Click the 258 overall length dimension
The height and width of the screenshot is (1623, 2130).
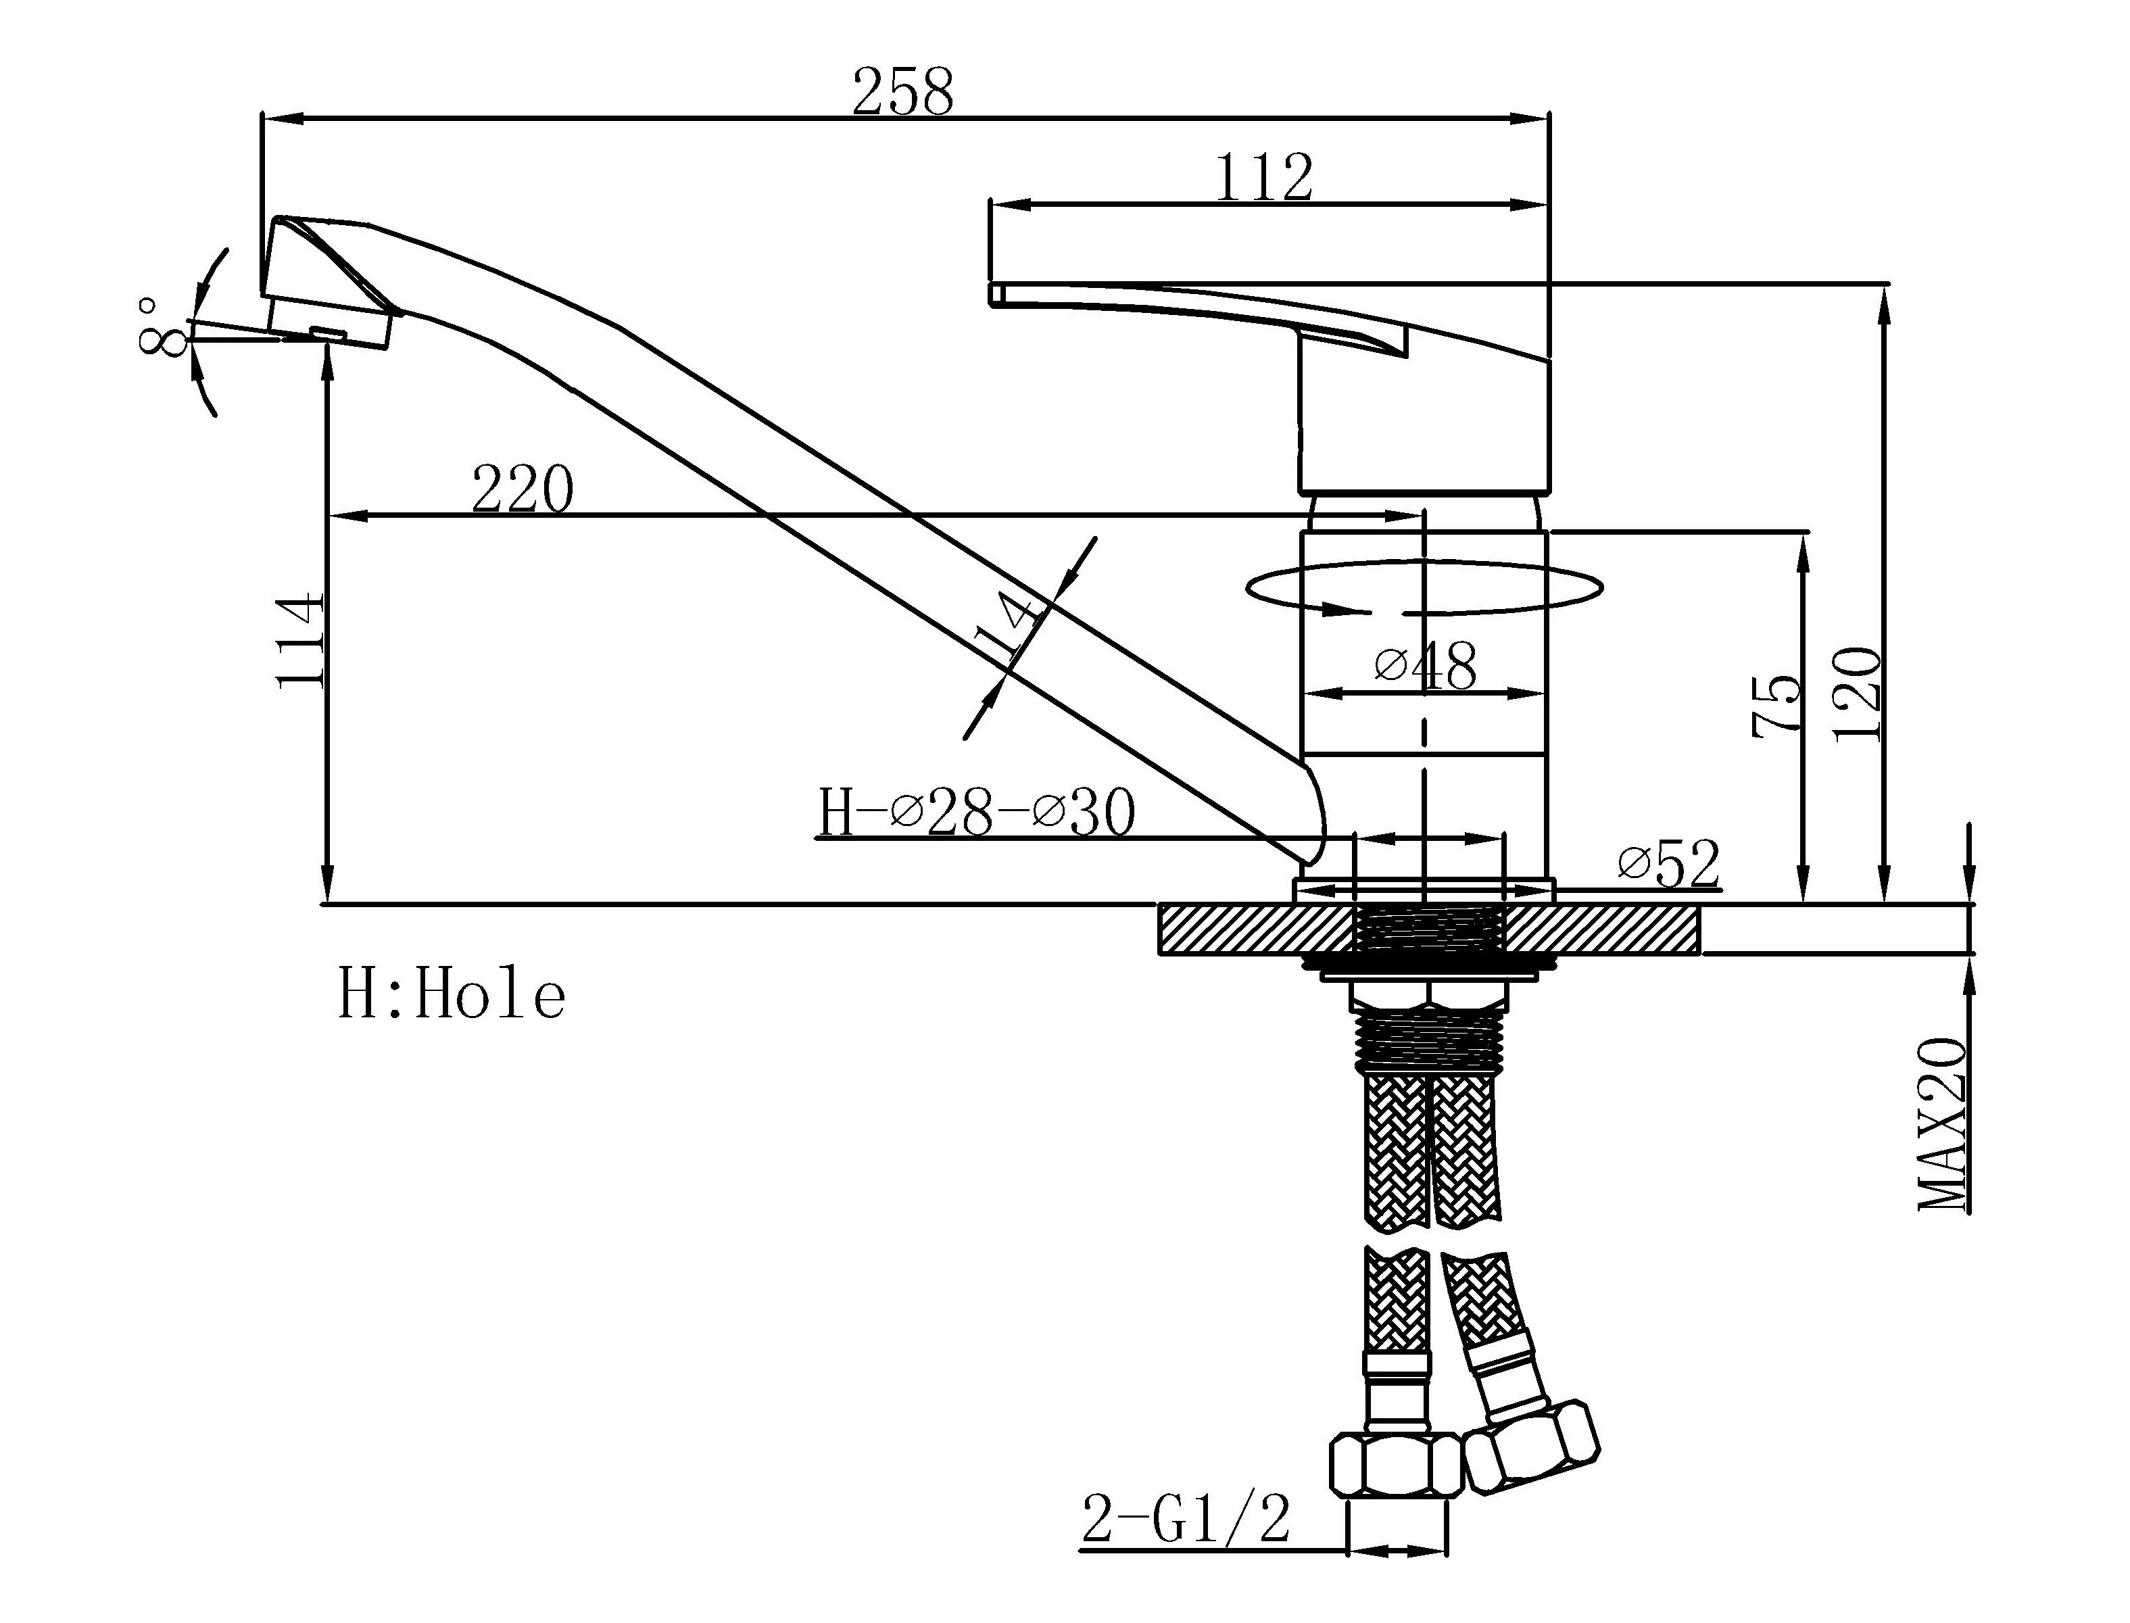pyautogui.click(x=902, y=92)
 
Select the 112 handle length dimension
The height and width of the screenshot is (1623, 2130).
pyautogui.click(x=1263, y=177)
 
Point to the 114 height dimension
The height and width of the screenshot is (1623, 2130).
pyautogui.click(x=299, y=641)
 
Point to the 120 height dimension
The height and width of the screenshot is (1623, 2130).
pyautogui.click(x=1858, y=694)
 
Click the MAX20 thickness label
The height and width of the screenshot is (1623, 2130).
pyautogui.click(x=1941, y=1125)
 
